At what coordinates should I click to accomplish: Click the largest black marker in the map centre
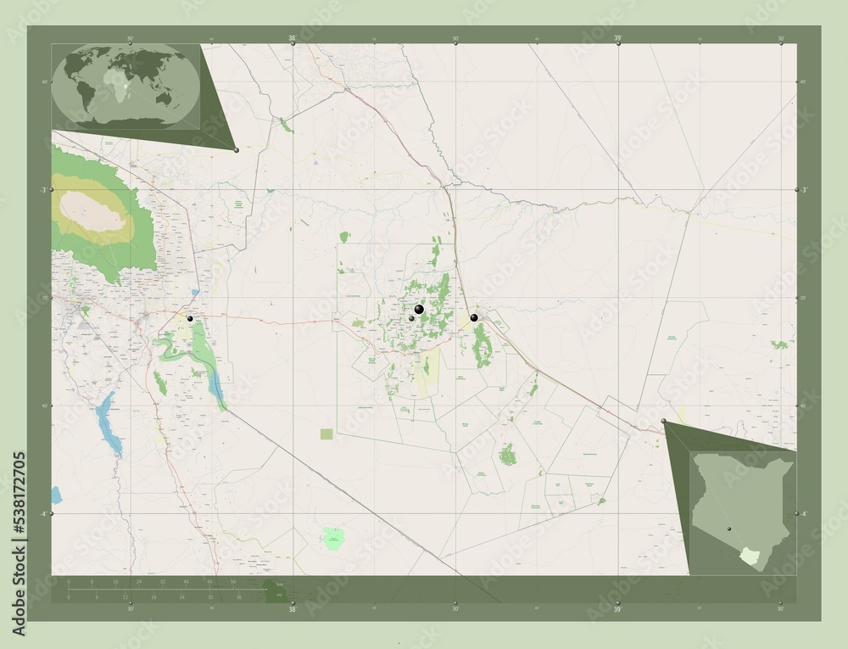pos(419,310)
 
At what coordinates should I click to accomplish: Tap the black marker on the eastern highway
pos(474,317)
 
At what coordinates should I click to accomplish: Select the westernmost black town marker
pos(190,318)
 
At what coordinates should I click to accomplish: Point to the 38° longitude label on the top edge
pos(293,38)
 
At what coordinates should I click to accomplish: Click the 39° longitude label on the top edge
pos(618,38)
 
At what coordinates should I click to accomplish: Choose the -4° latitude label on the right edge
pos(803,514)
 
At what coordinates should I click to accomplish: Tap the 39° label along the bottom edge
pos(618,608)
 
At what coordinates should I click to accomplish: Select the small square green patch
pos(326,434)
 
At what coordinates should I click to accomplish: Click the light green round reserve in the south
pos(334,536)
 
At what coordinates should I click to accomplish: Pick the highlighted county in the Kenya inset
pos(748,556)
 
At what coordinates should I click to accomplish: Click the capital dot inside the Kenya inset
pos(728,528)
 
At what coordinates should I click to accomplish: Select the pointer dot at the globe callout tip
pos(236,150)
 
